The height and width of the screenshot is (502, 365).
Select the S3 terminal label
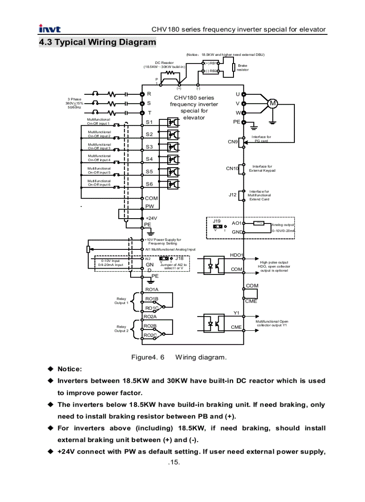coord(149,147)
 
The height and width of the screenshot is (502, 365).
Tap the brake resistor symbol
coord(233,67)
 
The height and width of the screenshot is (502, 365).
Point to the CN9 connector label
coord(233,142)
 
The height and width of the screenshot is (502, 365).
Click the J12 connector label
coord(232,195)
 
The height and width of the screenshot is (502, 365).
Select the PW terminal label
coord(149,207)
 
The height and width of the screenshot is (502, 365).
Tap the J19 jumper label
coord(216,221)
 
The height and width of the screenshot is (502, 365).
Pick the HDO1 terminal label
coord(236,255)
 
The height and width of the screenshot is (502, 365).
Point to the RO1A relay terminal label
coord(151,290)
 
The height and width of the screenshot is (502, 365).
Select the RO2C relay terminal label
coord(150,335)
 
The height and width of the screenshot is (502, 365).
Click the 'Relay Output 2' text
coord(121,329)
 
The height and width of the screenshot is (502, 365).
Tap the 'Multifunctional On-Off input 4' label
coord(99,158)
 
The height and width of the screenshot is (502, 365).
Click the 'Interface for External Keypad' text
coord(262,169)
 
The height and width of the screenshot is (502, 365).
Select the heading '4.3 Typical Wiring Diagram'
coord(98,42)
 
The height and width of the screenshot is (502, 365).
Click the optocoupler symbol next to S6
coord(173,184)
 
